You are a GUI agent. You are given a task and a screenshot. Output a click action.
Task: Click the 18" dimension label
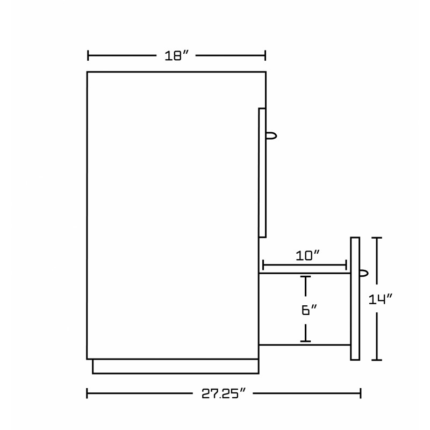click(x=177, y=56)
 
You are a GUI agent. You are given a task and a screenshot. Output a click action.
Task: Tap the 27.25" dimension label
click(x=223, y=394)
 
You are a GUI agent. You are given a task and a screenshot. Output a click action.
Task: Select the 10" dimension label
click(x=307, y=256)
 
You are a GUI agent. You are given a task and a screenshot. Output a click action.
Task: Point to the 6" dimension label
click(x=309, y=310)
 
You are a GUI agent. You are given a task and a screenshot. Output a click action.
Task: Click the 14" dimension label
click(x=381, y=299)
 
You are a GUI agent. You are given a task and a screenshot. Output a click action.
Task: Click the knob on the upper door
click(x=271, y=136)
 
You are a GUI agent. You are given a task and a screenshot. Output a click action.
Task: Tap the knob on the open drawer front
click(x=364, y=273)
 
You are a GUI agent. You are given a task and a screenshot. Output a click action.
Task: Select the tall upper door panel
click(x=262, y=173)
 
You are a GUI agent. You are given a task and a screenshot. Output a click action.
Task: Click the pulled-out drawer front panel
click(x=355, y=299)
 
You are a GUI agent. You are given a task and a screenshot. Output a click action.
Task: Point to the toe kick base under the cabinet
click(x=176, y=367)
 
